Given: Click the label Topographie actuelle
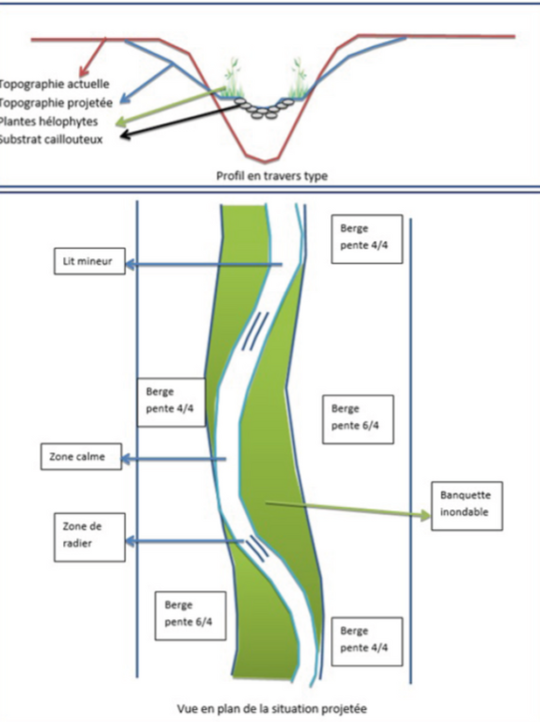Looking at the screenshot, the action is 55,84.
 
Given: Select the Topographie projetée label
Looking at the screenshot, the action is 56,103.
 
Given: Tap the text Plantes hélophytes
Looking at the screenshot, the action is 48,122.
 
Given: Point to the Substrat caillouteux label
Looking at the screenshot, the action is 51,139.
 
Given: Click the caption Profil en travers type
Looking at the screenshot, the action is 272,176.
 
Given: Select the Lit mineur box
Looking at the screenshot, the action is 90,262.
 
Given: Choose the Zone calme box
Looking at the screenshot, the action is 81,457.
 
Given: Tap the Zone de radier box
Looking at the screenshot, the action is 90,537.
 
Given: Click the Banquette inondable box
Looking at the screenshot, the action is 467,506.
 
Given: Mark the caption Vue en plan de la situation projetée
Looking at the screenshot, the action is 272,708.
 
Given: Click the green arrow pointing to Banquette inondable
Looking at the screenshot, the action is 349,509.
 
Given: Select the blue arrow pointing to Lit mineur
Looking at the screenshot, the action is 203,264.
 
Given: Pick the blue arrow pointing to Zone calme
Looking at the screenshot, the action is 174,459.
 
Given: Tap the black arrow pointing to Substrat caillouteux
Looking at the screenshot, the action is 180,121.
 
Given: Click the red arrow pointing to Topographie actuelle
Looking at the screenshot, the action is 92,58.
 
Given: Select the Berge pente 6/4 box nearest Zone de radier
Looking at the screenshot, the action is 190,616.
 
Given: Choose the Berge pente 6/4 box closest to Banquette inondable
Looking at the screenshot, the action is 358,419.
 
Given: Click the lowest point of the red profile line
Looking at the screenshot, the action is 264,162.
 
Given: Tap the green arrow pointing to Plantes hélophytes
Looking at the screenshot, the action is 171,106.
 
